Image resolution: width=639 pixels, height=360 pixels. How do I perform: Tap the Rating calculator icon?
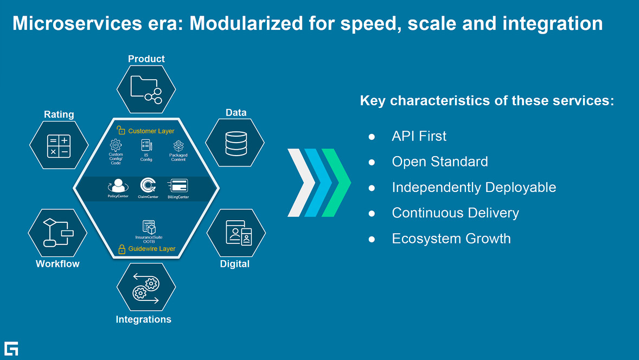point(59,145)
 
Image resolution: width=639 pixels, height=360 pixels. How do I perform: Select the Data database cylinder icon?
point(235,143)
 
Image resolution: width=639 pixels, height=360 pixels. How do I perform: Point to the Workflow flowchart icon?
point(57,233)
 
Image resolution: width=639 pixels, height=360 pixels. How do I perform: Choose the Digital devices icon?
point(237,233)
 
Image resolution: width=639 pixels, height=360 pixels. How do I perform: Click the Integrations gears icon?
point(146,288)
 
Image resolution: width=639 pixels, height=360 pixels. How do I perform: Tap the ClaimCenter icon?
point(147,187)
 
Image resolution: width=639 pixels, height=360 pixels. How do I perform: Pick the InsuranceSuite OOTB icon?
point(149,227)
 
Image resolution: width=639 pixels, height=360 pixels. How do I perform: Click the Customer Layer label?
point(151,131)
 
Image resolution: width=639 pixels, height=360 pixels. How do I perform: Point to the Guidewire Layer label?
point(151,249)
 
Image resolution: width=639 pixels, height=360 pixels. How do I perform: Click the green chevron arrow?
point(337,183)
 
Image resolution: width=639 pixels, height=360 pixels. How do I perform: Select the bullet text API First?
point(419,136)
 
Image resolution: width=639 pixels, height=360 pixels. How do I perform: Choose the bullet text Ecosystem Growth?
point(451,239)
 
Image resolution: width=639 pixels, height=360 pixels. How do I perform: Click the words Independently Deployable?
point(474,188)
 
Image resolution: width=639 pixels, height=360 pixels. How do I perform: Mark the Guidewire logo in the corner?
point(11,349)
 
